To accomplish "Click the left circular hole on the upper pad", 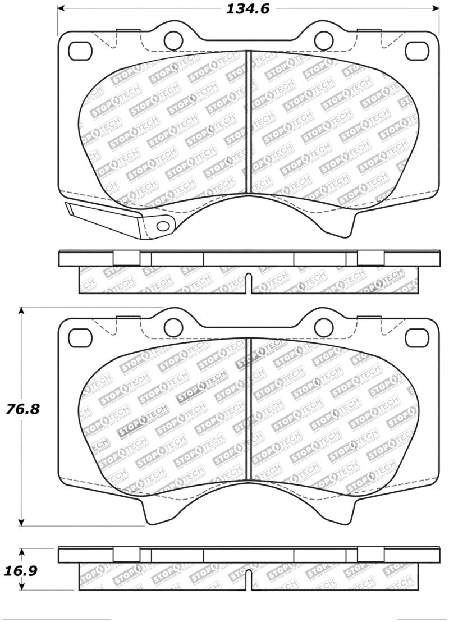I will pos(172,39).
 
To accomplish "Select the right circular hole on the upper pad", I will pos(323,39).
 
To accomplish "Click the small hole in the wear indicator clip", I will pos(163,226).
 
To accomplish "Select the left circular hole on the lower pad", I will pos(172,327).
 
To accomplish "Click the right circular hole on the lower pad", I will pos(323,327).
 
